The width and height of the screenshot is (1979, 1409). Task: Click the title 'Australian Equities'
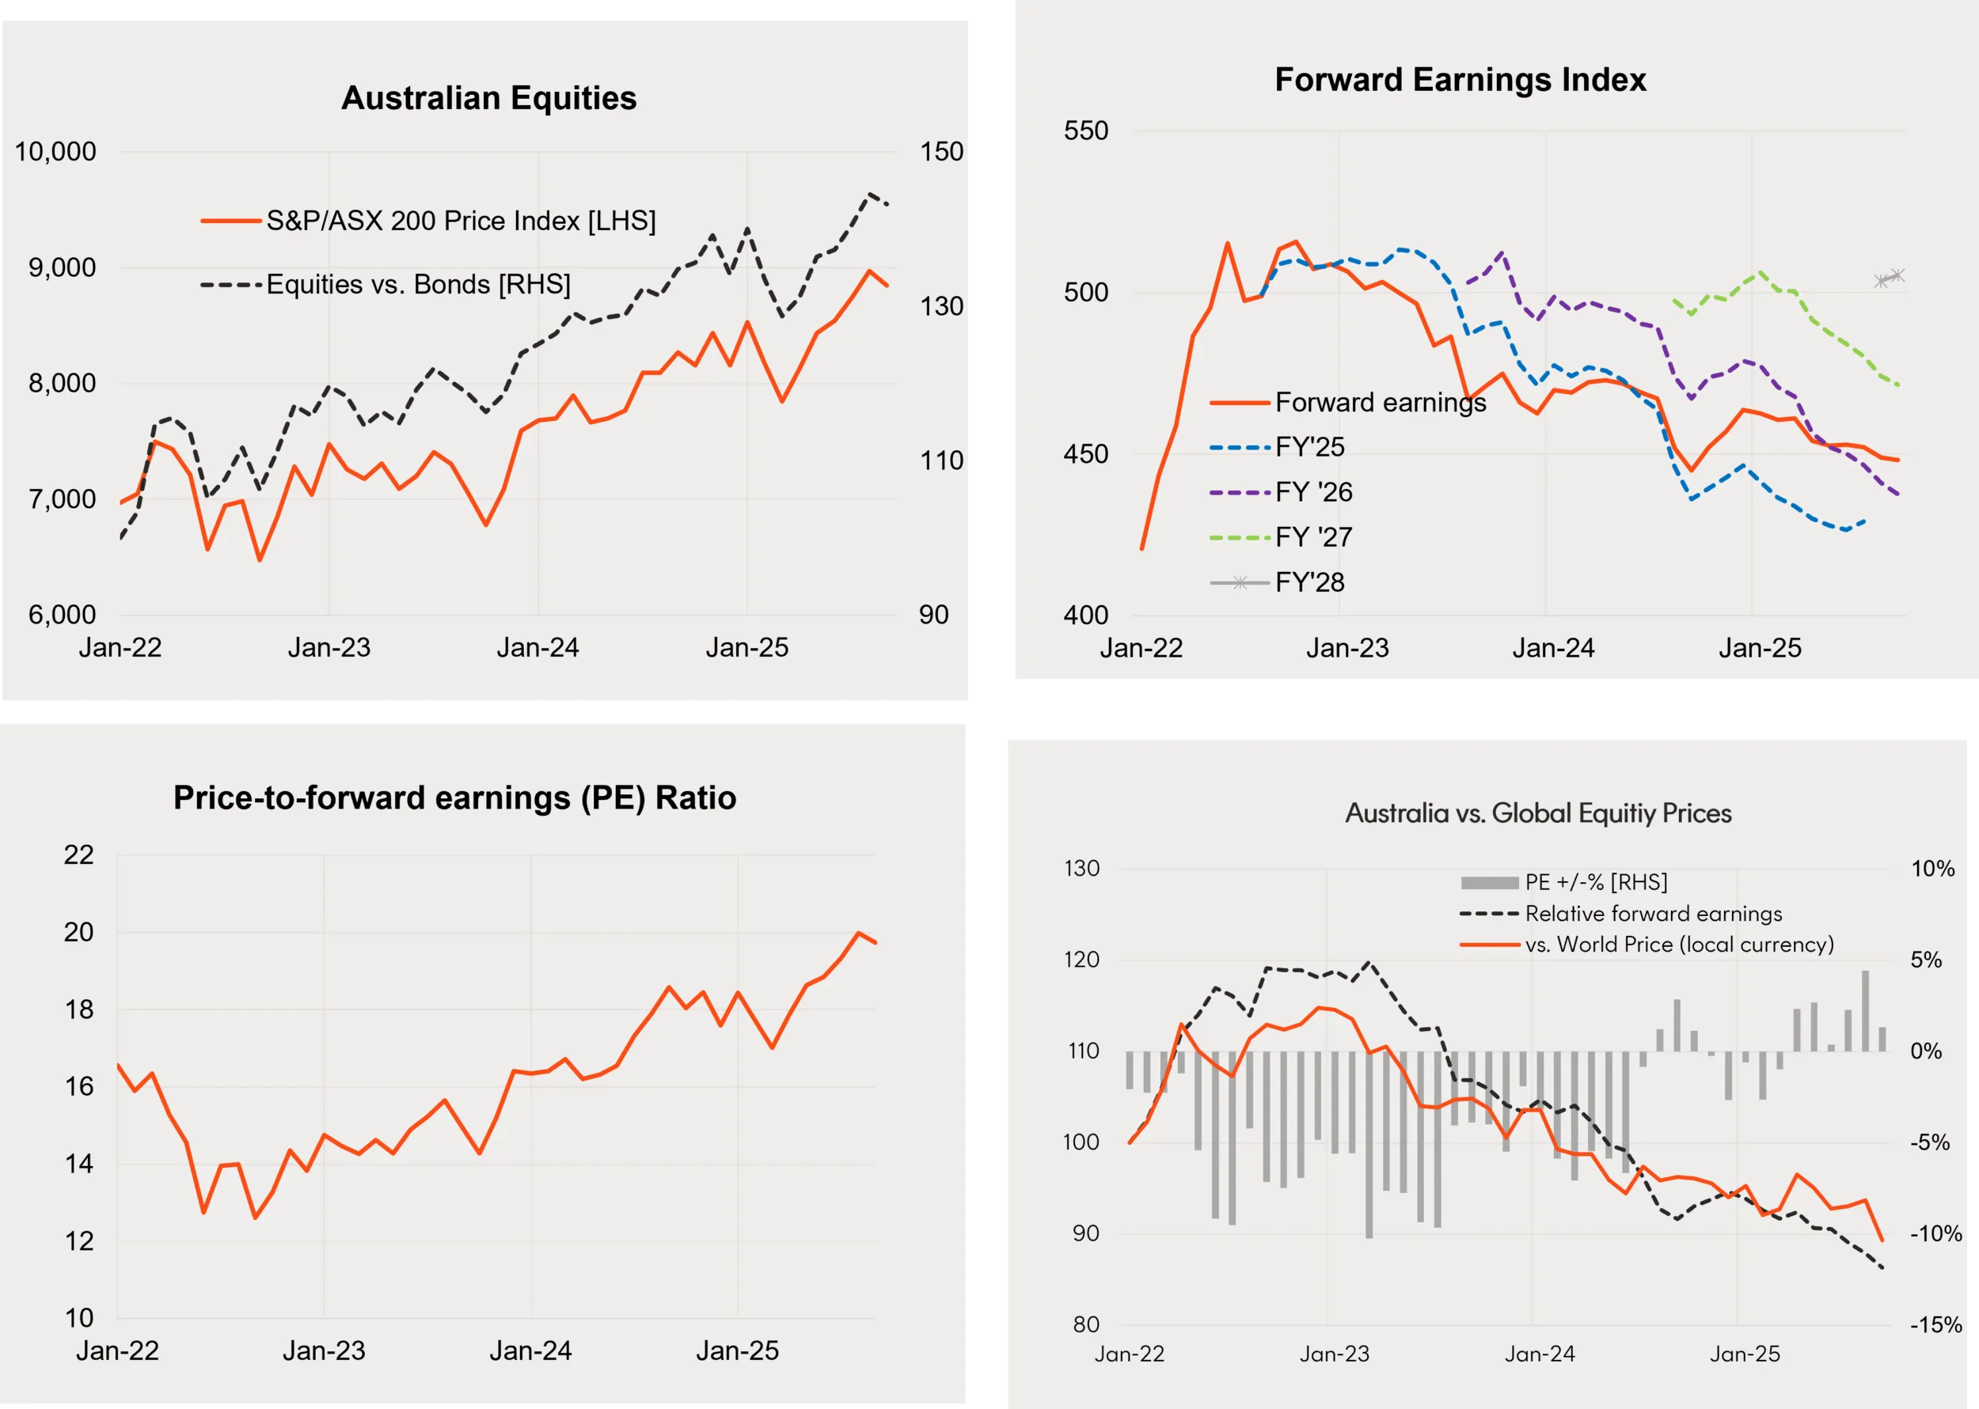point(488,98)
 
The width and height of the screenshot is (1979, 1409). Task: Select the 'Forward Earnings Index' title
point(1460,80)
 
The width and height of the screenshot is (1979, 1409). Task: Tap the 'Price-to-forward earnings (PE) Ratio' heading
point(455,797)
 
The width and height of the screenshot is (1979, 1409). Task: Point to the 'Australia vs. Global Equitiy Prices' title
point(1538,813)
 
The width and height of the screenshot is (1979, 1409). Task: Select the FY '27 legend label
point(1313,537)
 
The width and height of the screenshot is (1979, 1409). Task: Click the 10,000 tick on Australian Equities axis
point(55,152)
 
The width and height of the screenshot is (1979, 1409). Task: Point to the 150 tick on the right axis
point(941,152)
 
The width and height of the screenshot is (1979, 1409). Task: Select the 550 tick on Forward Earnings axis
point(1086,131)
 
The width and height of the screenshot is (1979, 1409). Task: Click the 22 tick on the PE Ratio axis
point(79,854)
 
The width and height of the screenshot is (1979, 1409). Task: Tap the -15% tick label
point(1935,1325)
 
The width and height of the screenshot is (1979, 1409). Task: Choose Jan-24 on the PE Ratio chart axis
point(530,1351)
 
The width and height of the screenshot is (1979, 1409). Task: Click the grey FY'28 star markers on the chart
point(1889,278)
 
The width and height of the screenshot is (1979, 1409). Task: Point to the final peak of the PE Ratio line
point(858,934)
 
